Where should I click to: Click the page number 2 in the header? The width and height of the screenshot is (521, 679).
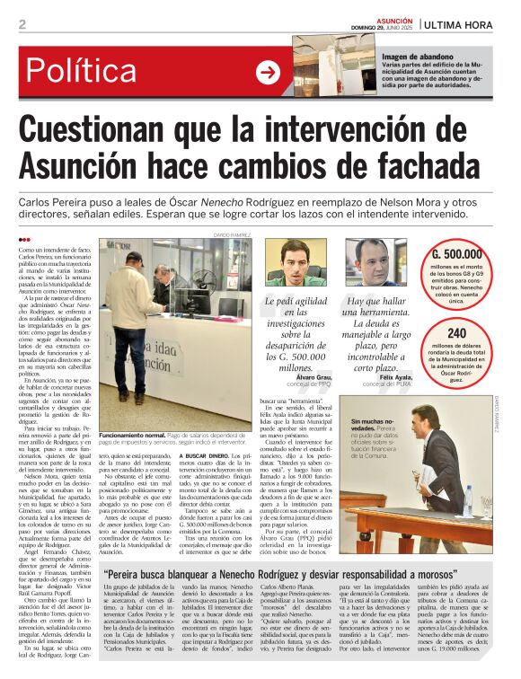click(x=22, y=24)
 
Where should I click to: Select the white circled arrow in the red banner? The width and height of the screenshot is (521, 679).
click(x=268, y=72)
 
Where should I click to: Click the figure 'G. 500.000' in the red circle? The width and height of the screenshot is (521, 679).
click(x=457, y=254)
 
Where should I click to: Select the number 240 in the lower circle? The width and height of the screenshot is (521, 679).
click(x=456, y=333)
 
